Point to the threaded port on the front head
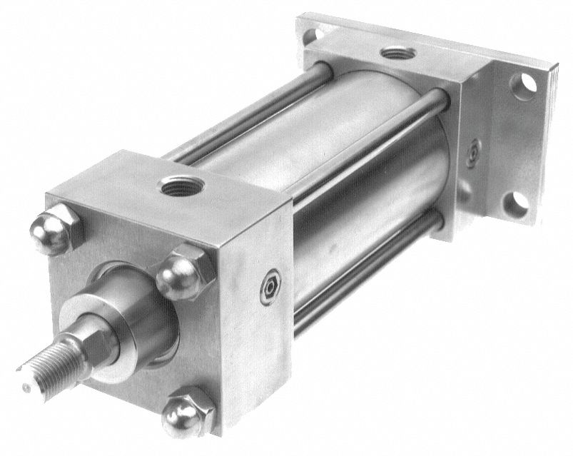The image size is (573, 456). coord(176,188)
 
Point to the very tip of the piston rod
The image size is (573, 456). coord(25,387)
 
